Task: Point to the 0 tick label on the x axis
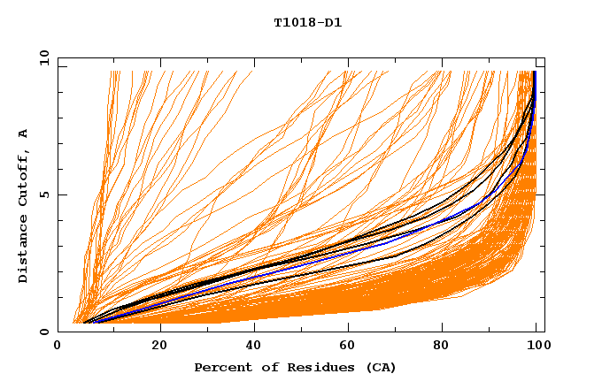(x=58, y=347)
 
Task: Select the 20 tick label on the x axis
(x=159, y=347)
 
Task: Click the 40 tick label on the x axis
(x=255, y=347)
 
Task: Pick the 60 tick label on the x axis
(x=351, y=347)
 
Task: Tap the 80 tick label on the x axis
(x=447, y=347)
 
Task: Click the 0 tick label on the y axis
(x=44, y=332)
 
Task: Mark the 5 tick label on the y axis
(x=44, y=194)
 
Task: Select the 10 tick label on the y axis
(x=44, y=57)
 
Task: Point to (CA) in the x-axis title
(x=379, y=367)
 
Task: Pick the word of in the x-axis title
(x=266, y=367)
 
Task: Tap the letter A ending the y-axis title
(x=23, y=133)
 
